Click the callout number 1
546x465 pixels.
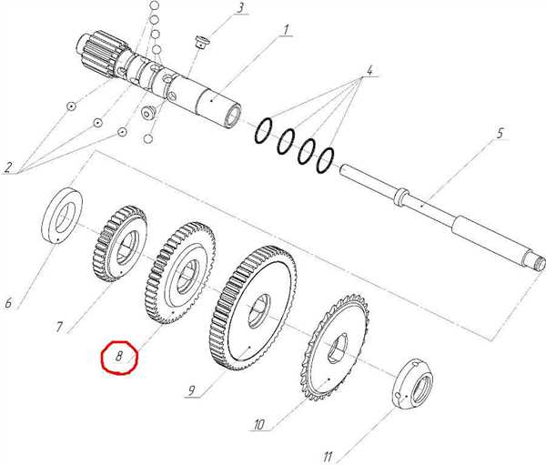point(285,30)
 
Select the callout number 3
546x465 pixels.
point(240,8)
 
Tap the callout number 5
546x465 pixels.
point(500,133)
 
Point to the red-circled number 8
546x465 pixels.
point(119,357)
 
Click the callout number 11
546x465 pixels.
point(328,456)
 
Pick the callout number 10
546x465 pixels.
point(259,424)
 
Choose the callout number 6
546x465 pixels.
point(8,303)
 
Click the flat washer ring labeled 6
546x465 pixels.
point(62,214)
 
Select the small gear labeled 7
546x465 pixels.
point(120,244)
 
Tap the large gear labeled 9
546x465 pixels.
point(254,308)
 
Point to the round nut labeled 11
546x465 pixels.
point(414,383)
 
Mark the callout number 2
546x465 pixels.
point(8,167)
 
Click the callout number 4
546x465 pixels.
point(369,70)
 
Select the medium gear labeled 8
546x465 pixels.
point(180,272)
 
